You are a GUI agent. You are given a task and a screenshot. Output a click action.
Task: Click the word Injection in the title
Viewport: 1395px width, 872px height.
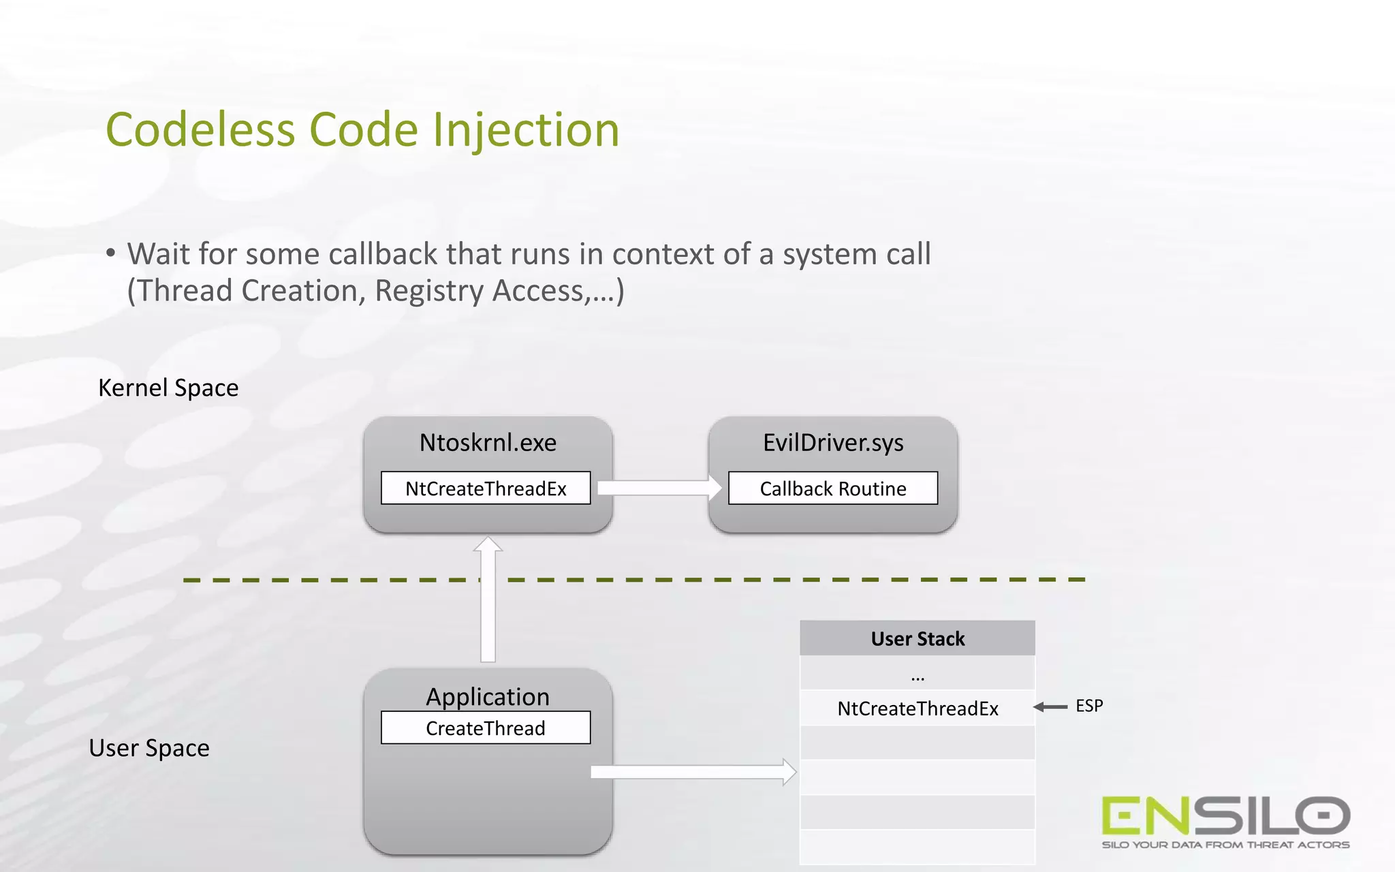pos(526,129)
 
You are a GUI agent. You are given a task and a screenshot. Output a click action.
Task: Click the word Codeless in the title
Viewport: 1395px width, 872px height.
pos(200,129)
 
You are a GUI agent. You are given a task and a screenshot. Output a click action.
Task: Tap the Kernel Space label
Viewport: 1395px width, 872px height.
pos(168,388)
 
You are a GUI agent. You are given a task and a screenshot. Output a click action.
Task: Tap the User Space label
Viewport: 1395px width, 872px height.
pos(149,748)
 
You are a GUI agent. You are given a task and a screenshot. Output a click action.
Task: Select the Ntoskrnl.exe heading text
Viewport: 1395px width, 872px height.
pos(488,443)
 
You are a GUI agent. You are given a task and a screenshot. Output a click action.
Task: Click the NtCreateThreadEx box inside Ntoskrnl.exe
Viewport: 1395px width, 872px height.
pos(486,488)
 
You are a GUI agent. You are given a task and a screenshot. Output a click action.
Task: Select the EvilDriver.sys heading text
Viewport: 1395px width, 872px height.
pos(833,443)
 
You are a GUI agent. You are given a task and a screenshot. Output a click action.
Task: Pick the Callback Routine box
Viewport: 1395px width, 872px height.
pos(833,488)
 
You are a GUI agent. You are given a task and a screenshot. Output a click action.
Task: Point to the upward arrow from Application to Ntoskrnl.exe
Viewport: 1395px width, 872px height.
pos(488,599)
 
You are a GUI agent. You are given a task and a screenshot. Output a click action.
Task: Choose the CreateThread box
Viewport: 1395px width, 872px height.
pos(486,728)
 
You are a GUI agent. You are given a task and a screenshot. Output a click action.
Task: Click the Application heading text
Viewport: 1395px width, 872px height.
pos(488,697)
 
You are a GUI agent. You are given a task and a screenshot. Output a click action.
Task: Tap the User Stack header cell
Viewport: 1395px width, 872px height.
pos(918,638)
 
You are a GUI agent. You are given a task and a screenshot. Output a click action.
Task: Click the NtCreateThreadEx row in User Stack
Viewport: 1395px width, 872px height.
pos(918,708)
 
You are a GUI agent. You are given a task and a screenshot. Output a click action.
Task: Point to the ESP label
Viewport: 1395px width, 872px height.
pos(1089,706)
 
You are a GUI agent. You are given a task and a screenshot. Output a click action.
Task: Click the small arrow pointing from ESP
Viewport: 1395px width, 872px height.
pos(1050,707)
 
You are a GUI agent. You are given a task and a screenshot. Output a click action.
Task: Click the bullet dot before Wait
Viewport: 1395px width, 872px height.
pos(110,253)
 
